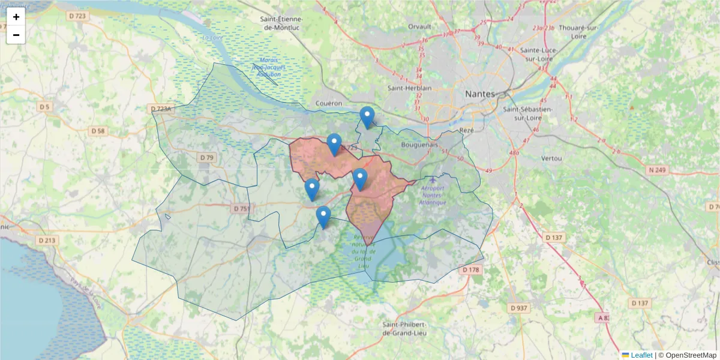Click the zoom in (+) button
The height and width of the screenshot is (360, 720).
point(16,17)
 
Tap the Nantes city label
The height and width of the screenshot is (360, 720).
point(480,94)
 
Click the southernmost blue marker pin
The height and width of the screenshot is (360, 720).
point(323,217)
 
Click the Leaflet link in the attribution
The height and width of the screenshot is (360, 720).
point(641,355)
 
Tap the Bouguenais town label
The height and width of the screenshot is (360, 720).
point(421,145)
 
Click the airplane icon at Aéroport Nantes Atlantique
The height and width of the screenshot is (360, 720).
point(434,179)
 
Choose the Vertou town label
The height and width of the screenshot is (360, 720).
point(551,158)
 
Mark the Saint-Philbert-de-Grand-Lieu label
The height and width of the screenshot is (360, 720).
point(406,328)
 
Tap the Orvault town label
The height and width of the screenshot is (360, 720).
point(419,26)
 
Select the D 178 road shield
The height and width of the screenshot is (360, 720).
point(472,270)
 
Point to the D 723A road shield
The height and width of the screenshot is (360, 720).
point(161,109)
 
